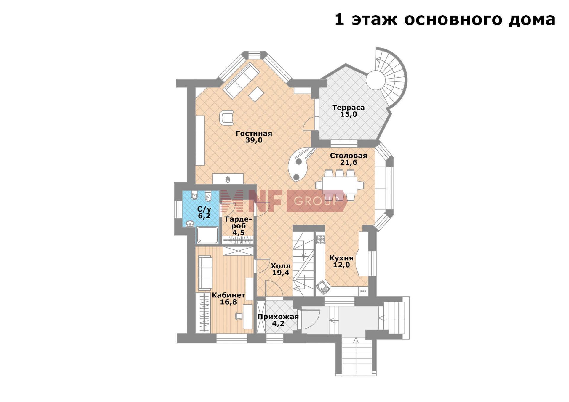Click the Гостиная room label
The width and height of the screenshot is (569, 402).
click(254, 133)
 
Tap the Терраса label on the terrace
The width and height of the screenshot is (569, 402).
click(348, 108)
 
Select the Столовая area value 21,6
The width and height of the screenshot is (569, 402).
click(349, 162)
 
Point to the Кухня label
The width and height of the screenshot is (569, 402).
click(341, 258)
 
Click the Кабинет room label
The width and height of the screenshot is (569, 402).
click(228, 295)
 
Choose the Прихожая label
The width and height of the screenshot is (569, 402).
click(278, 317)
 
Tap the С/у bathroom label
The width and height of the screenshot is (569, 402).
click(204, 209)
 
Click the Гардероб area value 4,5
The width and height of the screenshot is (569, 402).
click(239, 233)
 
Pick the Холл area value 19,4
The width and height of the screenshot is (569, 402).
click(281, 273)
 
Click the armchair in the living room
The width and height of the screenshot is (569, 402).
click(227, 118)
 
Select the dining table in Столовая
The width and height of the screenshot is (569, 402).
click(339, 185)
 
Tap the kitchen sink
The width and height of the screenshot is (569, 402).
click(322, 287)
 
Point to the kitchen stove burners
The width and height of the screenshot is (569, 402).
click(320, 239)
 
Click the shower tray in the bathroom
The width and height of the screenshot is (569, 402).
click(207, 235)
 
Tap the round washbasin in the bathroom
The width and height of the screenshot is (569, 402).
click(190, 224)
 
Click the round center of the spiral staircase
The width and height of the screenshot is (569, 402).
click(375, 80)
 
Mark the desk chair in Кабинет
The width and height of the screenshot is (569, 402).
click(239, 316)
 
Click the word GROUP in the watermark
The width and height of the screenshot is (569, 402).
click(316, 201)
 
